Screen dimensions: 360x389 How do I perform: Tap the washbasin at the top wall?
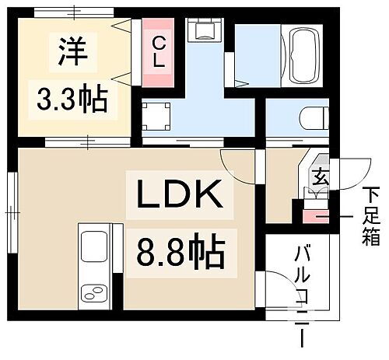(205, 32)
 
